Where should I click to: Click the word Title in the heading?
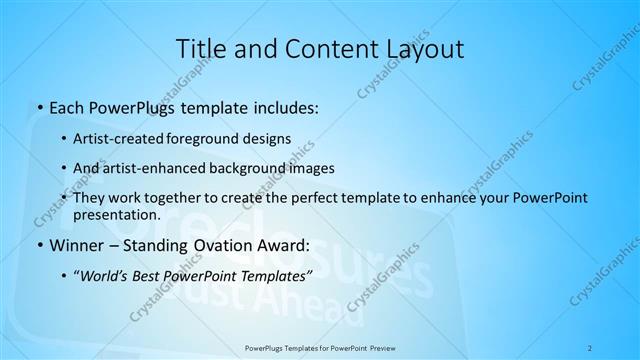coord(200,49)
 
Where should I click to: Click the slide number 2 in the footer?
coord(591,348)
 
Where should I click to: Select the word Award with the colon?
coord(286,245)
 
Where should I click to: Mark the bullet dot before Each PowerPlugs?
coord(38,107)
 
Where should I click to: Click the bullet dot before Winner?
coord(38,245)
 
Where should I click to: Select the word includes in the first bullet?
coord(284,106)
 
